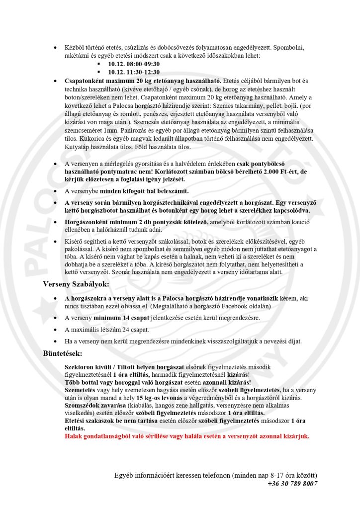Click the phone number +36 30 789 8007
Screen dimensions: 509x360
click(292, 483)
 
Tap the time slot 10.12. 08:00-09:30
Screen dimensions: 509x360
click(134, 64)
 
